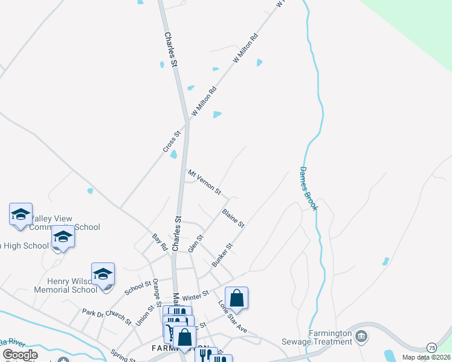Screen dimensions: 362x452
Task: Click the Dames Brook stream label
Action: (x=309, y=189)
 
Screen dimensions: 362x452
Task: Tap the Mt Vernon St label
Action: (x=205, y=182)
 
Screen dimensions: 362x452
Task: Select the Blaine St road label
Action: (x=233, y=218)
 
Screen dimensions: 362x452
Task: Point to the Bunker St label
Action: (x=222, y=255)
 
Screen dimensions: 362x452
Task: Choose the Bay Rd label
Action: (x=160, y=243)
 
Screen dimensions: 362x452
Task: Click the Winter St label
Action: (x=195, y=296)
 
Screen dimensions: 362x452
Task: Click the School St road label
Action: (x=138, y=288)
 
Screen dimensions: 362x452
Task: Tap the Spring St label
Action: (x=123, y=356)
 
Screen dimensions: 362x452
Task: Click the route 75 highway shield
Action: (x=431, y=348)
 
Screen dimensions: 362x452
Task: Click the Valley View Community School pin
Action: (x=21, y=215)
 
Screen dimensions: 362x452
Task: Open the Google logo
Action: (x=20, y=355)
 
